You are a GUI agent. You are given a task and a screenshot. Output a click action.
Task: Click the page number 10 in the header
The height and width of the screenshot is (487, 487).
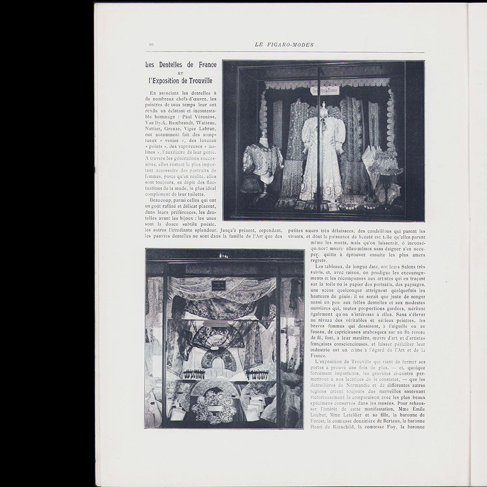coord(151,45)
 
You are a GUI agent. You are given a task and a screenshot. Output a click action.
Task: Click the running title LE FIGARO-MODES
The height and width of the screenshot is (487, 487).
coord(284,45)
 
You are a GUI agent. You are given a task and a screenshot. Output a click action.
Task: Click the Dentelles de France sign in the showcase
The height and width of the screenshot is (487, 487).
coord(325,91)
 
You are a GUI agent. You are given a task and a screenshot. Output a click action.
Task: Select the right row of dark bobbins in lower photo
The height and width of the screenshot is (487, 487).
coord(257,375)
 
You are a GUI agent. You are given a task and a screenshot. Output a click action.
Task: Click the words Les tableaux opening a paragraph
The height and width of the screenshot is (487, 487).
coord(330,266)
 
